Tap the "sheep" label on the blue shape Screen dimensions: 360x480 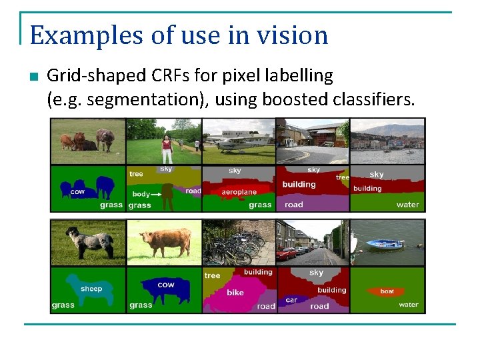click(x=91, y=289)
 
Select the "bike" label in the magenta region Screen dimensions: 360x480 click(x=235, y=293)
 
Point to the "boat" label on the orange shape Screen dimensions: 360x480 click(x=387, y=291)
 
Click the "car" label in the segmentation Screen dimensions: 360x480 click(x=291, y=300)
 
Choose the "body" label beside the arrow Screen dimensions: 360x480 click(x=141, y=194)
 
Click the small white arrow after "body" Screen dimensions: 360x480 click(x=157, y=194)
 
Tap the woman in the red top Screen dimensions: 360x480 click(x=167, y=148)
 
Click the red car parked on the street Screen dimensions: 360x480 click(x=287, y=253)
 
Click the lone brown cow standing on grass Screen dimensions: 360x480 click(x=163, y=242)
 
